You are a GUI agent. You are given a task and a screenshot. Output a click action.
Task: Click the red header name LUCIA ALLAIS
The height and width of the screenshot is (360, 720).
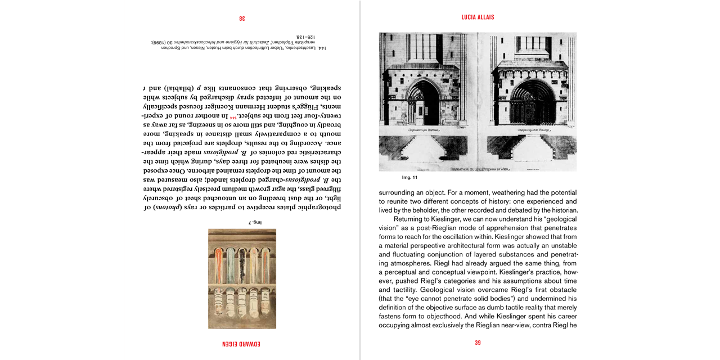(x=478, y=17)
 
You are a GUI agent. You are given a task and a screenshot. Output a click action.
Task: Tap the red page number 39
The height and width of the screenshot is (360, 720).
(x=478, y=343)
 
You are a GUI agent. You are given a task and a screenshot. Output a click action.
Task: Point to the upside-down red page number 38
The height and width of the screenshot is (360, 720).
(x=242, y=18)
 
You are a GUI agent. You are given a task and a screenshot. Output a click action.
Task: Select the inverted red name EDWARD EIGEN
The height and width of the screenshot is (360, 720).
(x=242, y=343)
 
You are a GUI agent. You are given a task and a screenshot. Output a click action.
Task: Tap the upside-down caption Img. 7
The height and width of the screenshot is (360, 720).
(x=255, y=222)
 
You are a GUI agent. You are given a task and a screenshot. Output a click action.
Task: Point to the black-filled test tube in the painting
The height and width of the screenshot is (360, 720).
(x=242, y=264)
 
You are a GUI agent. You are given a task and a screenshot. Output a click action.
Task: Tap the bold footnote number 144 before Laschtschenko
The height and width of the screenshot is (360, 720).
(x=322, y=48)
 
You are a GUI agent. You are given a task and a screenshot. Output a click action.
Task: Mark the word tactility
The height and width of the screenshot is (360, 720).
(x=398, y=290)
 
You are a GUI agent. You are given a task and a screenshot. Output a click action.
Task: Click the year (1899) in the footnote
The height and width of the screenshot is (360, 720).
(x=161, y=42)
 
